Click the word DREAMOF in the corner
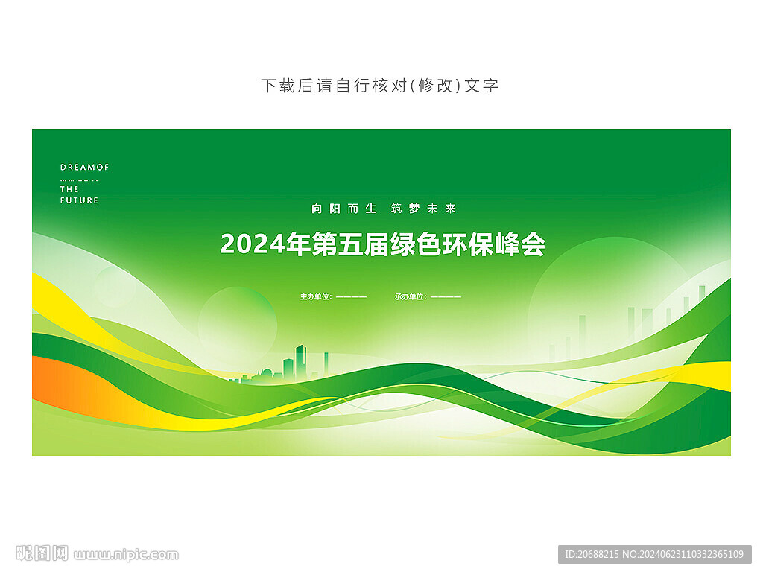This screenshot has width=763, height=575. (x=84, y=168)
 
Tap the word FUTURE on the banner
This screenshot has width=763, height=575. (x=79, y=200)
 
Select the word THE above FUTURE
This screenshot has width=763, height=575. (x=69, y=189)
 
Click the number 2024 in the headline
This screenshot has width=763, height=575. (x=253, y=244)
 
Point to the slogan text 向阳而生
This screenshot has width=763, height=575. (x=344, y=209)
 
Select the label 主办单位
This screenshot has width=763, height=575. (x=315, y=296)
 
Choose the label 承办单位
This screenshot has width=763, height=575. (x=410, y=296)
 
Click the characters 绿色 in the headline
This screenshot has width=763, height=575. (x=416, y=244)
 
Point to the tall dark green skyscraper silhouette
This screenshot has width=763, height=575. (x=300, y=361)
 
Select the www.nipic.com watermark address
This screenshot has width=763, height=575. (x=126, y=555)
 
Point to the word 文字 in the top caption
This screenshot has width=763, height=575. (x=481, y=86)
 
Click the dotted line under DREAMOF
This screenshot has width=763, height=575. (x=79, y=180)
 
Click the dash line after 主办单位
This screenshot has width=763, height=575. (x=351, y=296)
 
